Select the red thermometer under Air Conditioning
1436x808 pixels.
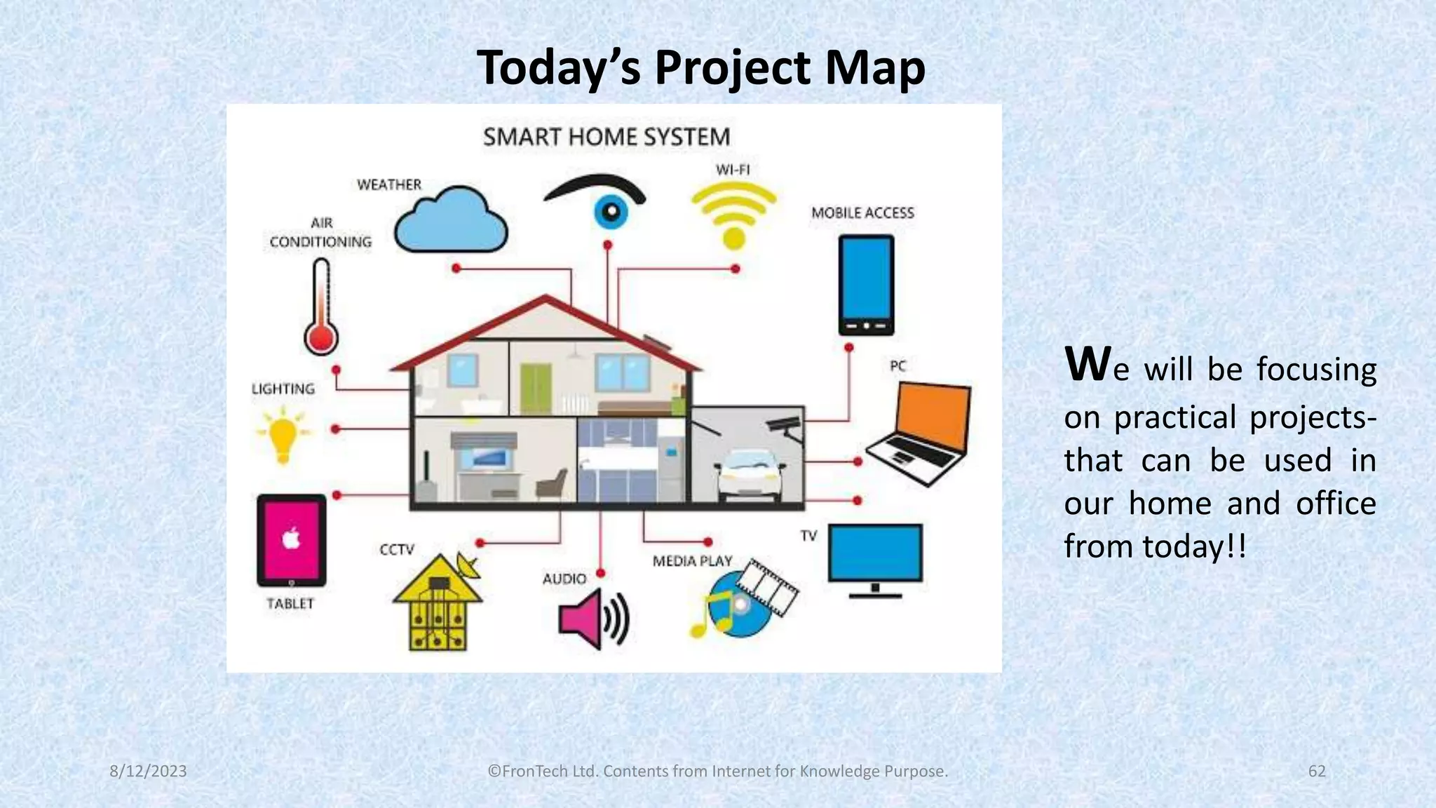[x=321, y=309]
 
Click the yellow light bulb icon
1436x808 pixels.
[x=283, y=435]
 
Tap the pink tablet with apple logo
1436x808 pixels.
[x=292, y=540]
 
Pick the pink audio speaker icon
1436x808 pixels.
[x=592, y=619]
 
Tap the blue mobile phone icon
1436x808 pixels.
[x=866, y=284]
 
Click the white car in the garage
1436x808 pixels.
[x=748, y=473]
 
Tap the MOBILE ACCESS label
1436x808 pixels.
[x=862, y=213]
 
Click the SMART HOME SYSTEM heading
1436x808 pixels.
[x=607, y=137]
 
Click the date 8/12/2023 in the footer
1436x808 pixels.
[x=148, y=771]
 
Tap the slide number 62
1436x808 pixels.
[x=1317, y=771]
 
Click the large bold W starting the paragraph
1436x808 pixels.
[x=1086, y=364]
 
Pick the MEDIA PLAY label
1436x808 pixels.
[x=692, y=561]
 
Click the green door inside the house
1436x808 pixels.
[x=536, y=389]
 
